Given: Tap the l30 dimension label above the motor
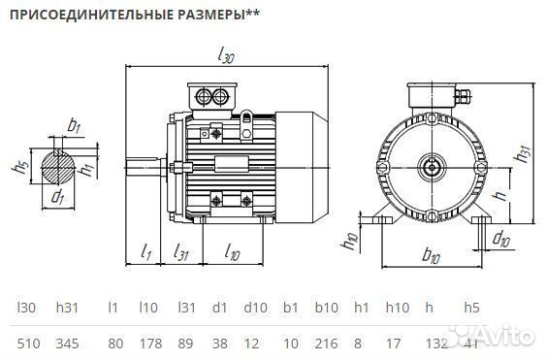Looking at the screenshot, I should (226, 56).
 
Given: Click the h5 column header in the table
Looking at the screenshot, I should (471, 308).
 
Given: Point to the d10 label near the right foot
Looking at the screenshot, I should (501, 238).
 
